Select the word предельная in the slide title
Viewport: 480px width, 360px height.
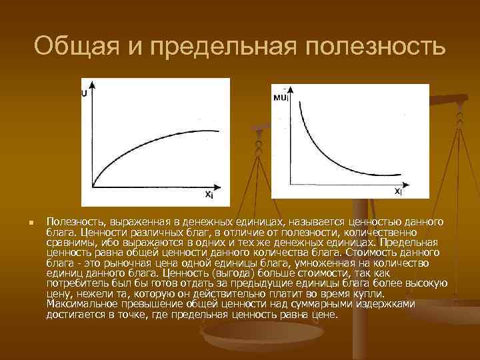(x=219, y=47)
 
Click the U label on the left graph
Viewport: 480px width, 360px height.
(x=85, y=94)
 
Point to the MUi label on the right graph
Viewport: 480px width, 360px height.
(x=281, y=97)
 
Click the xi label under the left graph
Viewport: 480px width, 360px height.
(x=209, y=195)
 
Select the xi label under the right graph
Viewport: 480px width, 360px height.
(x=397, y=191)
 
